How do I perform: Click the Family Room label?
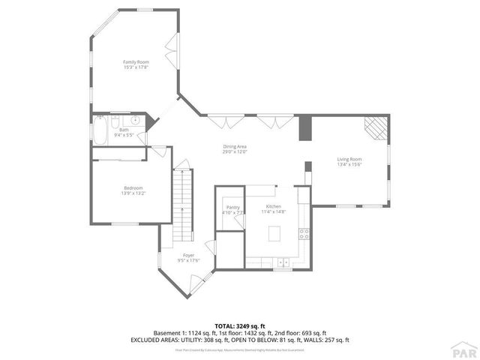click(x=136, y=61)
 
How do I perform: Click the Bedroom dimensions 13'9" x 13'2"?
click(x=133, y=193)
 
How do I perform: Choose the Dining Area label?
click(x=235, y=146)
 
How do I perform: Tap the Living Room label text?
click(x=349, y=159)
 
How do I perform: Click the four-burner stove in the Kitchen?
click(x=304, y=233)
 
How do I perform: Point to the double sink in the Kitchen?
click(x=283, y=262)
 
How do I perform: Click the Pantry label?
click(x=232, y=207)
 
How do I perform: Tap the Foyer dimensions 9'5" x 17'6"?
click(x=188, y=260)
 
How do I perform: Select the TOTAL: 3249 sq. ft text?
click(x=240, y=325)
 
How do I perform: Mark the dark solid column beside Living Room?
click(x=304, y=127)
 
